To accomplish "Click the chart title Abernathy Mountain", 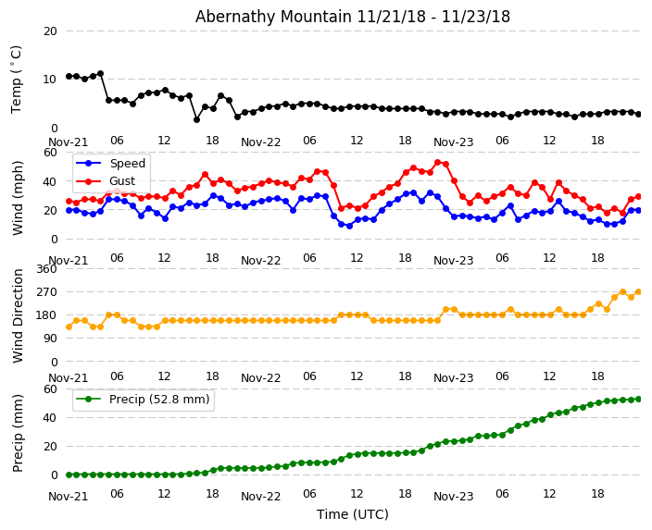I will [x=352, y=17].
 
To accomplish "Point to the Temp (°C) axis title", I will [x=17, y=79].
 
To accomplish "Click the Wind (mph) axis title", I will [x=19, y=197].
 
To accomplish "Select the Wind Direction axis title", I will [x=19, y=315].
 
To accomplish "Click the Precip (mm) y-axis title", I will [x=19, y=433].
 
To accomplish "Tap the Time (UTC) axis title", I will [x=353, y=514].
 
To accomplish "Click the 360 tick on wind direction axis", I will [x=45, y=268].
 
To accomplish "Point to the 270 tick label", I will [x=45, y=291].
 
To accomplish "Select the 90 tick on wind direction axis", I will [x=49, y=339].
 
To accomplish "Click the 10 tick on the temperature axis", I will [x=50, y=80].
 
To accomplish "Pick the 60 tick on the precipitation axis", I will [x=50, y=389].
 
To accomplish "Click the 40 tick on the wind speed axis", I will [x=50, y=181].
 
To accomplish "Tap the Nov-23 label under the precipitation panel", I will [x=453, y=497].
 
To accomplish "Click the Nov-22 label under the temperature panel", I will [x=260, y=142].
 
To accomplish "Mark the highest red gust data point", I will [x=438, y=162].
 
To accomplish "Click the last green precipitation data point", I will [x=638, y=399].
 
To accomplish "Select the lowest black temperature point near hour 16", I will [x=196, y=119].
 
